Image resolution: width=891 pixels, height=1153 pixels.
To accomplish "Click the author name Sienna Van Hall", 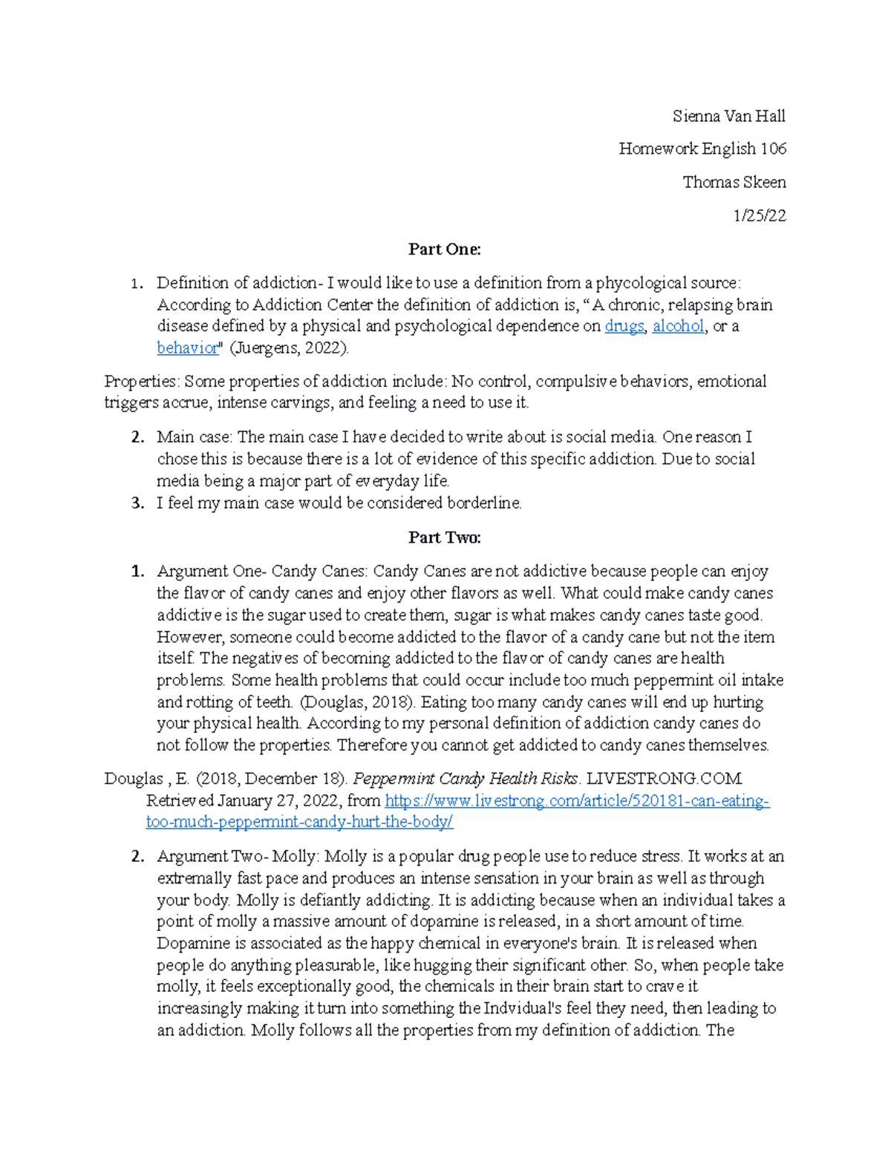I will point(728,116).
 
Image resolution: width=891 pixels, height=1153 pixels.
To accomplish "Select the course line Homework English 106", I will point(702,148).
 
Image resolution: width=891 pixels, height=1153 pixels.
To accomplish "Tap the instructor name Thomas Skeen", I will point(734,182).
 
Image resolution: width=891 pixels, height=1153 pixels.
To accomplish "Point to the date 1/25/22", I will point(759,215).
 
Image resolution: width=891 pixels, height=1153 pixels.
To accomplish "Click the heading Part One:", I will point(445,249).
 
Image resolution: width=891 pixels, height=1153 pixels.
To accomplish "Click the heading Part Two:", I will point(445,538).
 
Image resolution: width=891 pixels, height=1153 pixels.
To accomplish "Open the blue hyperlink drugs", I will point(624,326).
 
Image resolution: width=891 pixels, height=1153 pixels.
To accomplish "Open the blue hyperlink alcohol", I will point(678,326).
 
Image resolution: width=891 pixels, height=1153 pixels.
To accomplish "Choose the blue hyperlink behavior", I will point(188,347).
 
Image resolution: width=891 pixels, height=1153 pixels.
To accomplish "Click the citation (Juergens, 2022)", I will point(289,347).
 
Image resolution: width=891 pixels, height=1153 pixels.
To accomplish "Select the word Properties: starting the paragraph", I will point(142,382).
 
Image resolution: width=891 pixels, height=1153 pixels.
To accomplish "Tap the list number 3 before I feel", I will point(137,503).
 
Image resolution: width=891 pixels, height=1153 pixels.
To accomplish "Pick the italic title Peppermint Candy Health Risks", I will point(466,779).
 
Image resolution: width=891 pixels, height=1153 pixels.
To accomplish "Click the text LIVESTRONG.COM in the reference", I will point(664,779).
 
